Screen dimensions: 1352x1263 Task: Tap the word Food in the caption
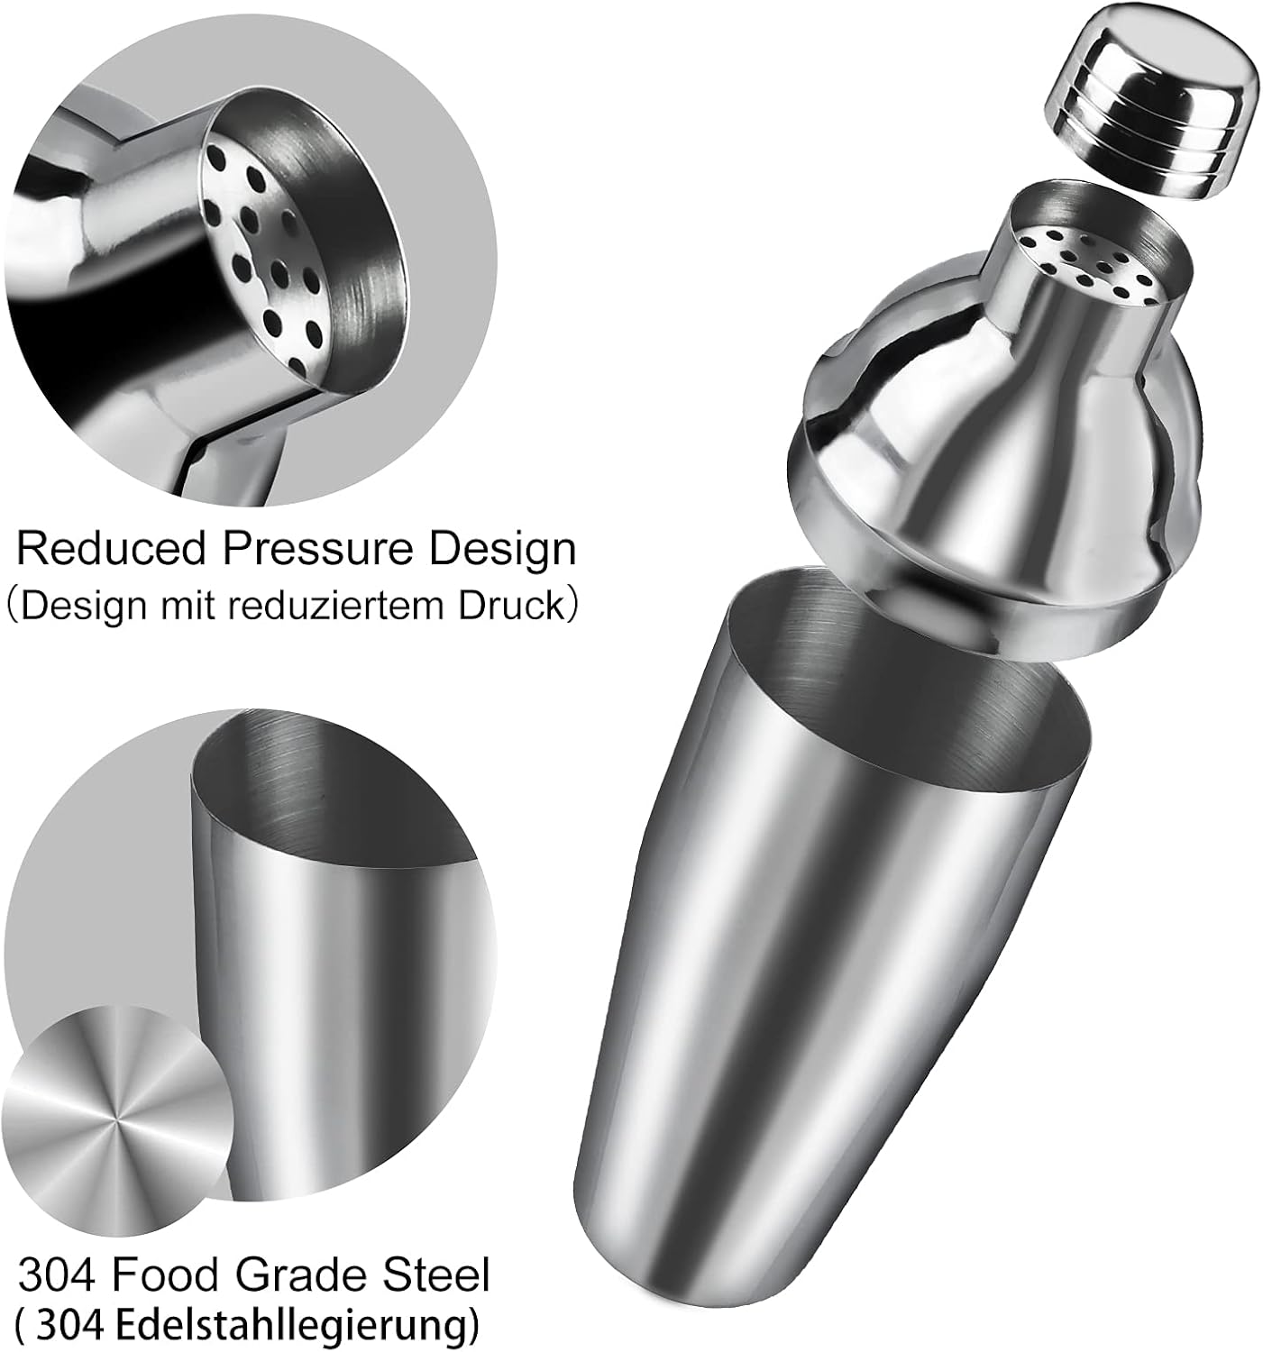pos(167,1274)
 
